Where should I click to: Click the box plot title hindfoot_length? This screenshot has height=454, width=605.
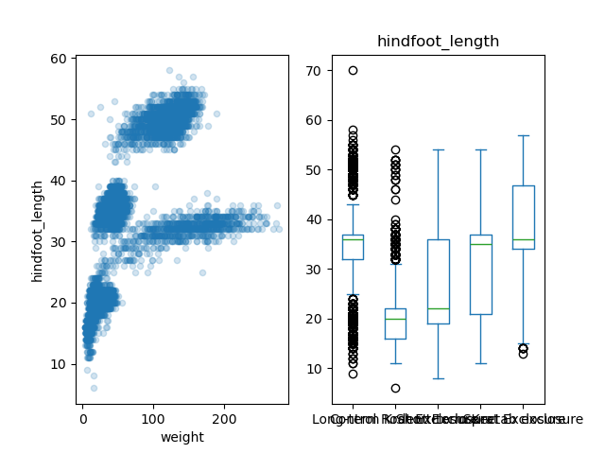[x=438, y=42]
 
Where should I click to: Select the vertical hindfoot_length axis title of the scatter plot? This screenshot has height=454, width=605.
[x=38, y=231]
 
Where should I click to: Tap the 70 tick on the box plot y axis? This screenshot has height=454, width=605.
[x=314, y=71]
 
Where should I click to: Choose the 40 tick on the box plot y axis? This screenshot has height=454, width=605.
[x=314, y=219]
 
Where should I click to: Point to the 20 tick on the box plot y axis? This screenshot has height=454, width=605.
[x=314, y=319]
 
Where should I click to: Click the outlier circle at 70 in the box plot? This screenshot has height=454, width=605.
[x=353, y=71]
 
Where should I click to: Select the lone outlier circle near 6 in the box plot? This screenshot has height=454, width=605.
[x=395, y=388]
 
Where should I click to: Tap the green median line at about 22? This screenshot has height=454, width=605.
[x=438, y=308]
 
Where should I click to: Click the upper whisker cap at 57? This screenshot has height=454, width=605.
[x=523, y=135]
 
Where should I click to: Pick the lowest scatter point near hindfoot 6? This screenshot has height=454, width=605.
[x=94, y=388]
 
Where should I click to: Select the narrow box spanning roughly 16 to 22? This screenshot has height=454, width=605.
[x=395, y=323]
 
